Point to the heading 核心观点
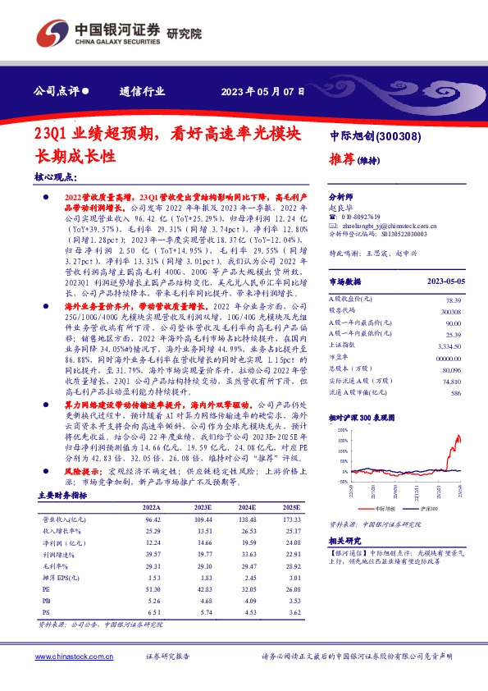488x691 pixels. (56, 176)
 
